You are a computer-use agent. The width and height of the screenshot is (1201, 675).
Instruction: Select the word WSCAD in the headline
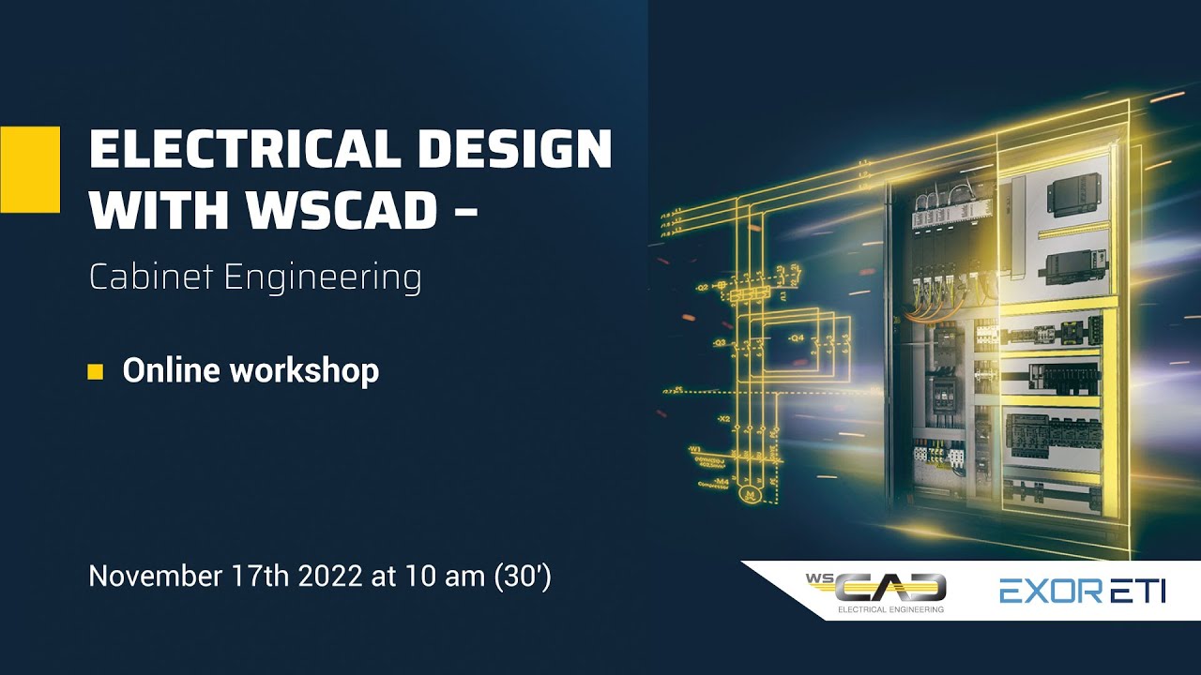343,213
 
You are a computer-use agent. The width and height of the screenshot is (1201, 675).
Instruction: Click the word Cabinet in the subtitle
142,277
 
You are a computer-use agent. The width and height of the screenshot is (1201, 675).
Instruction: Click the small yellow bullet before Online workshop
95,371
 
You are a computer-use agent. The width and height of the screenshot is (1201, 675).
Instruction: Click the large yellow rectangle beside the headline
29,170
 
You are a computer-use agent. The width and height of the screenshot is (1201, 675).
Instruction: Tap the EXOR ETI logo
1081,592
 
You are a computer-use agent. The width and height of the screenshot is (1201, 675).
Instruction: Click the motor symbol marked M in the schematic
748,492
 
